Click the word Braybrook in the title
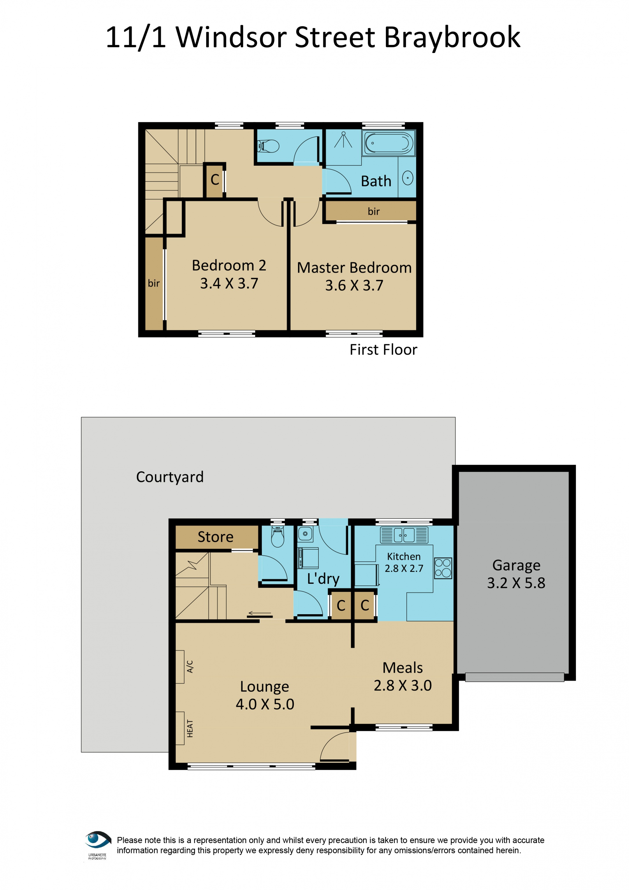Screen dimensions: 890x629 [x=452, y=38]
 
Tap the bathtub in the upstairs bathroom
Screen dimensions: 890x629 [x=389, y=143]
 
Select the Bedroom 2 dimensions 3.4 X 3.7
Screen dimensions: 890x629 [x=229, y=283]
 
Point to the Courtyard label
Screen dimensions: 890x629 [x=170, y=477]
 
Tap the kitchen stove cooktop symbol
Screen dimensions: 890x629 [x=443, y=568]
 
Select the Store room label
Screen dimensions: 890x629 [x=216, y=537]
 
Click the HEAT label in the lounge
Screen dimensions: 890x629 [x=189, y=728]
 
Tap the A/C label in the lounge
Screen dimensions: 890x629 [x=189, y=666]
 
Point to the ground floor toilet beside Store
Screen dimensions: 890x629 [x=278, y=537]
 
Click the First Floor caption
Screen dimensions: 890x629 [x=383, y=350]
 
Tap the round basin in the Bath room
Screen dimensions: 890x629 [x=407, y=178]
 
